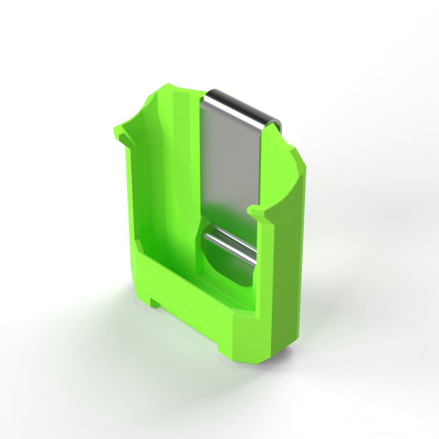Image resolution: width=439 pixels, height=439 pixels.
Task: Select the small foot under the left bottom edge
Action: [155, 303]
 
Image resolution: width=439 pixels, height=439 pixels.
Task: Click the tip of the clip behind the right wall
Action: [278, 124]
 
